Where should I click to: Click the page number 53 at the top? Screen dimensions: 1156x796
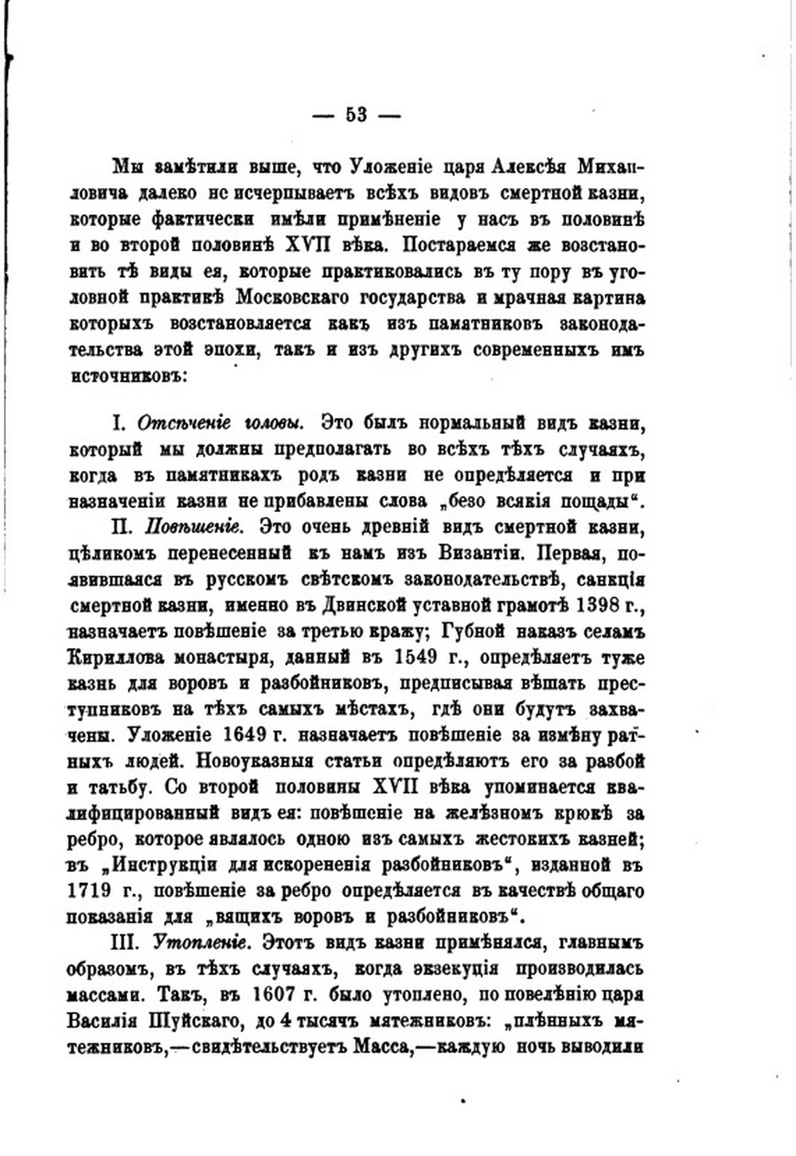pyautogui.click(x=356, y=115)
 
